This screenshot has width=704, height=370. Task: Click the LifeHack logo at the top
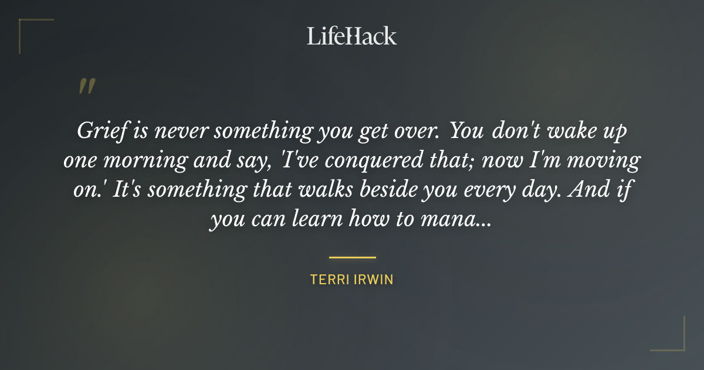tap(352, 36)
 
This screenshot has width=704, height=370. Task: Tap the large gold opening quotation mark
tap(86, 87)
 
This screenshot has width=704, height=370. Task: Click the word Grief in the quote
tap(99, 131)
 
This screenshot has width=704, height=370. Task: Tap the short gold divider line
tap(352, 257)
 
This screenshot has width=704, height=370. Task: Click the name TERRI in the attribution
tap(330, 280)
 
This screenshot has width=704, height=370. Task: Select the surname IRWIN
tap(374, 280)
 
